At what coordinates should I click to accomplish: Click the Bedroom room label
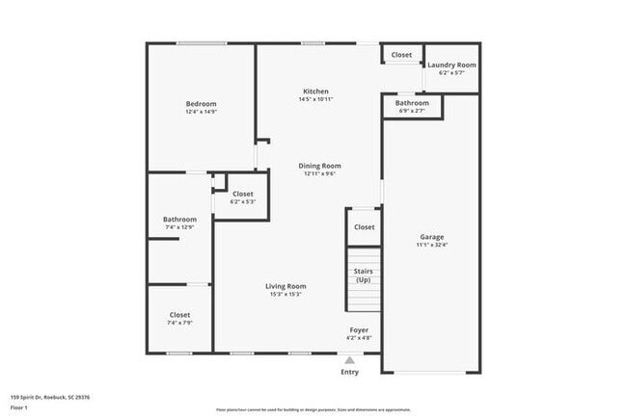201,103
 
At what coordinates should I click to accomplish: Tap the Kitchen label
315,91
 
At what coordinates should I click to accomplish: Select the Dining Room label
319,166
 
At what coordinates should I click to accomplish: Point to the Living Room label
286,286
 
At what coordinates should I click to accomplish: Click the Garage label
431,237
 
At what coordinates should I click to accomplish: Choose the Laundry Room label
451,65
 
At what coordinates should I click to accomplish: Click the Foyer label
359,329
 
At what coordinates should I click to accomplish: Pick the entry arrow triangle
349,360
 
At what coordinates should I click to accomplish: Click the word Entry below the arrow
349,373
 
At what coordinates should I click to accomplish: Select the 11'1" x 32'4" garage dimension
431,245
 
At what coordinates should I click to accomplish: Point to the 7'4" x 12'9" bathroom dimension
179,227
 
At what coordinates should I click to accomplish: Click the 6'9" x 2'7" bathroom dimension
412,111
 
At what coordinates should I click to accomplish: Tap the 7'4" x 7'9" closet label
179,323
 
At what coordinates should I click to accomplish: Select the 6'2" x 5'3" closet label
242,201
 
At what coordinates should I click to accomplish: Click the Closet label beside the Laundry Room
401,55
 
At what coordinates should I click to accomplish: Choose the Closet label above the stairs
364,227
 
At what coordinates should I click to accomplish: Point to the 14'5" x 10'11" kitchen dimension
315,99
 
